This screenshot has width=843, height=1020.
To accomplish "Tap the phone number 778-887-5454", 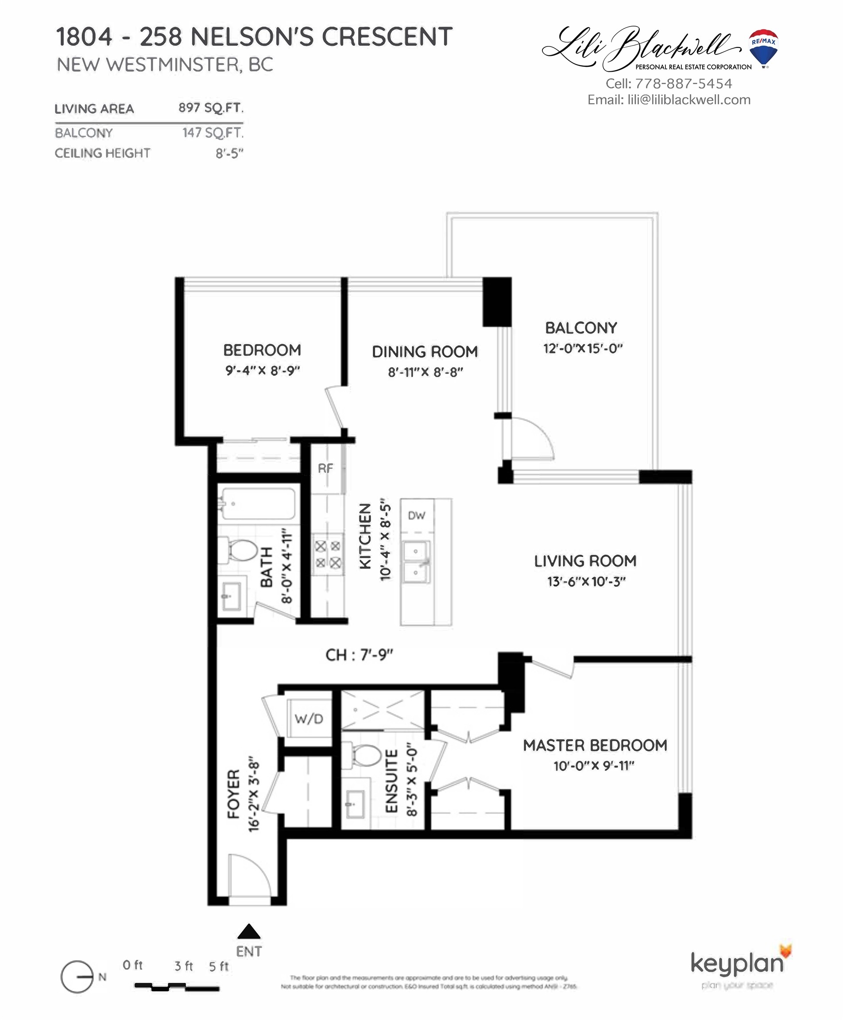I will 683,84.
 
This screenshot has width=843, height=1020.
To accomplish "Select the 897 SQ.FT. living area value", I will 210,107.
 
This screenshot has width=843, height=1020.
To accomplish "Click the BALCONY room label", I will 581,328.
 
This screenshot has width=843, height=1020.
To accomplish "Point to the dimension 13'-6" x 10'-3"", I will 586,581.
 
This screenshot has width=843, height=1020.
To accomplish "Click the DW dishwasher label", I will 416,516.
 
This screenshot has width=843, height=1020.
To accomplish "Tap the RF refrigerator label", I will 325,468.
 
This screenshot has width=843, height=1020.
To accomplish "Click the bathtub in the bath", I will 258,504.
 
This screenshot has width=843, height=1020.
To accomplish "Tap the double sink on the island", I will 416,562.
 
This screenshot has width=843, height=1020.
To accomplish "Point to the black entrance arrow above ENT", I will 249,931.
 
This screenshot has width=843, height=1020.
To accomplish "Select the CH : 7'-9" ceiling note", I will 359,655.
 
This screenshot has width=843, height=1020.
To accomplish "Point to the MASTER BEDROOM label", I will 595,745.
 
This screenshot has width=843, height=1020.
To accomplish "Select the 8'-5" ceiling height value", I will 229,154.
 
